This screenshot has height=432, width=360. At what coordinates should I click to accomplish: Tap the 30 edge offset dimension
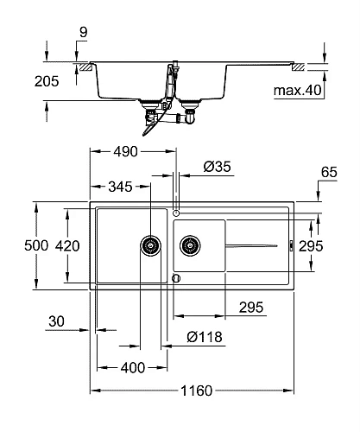(x=57, y=321)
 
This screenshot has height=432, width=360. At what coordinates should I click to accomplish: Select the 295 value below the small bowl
(x=250, y=308)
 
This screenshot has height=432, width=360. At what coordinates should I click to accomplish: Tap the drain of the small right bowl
(x=190, y=246)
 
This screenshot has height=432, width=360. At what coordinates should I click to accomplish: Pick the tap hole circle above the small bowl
(x=176, y=212)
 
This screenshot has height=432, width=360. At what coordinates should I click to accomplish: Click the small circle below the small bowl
(x=176, y=278)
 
